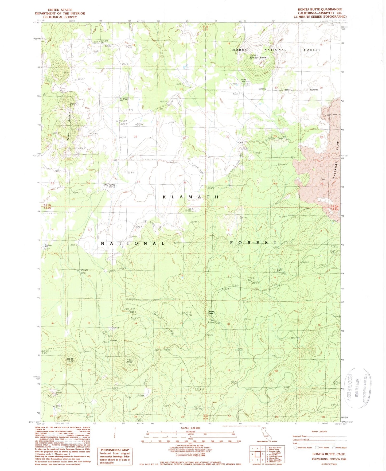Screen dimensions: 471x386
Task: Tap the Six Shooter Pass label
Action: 124,100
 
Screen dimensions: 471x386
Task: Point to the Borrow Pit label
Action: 140,124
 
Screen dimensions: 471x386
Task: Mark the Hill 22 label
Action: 70,359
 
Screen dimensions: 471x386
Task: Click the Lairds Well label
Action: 243,80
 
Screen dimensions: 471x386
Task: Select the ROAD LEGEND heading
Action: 319,431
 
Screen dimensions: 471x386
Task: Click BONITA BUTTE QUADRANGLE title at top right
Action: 320,9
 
